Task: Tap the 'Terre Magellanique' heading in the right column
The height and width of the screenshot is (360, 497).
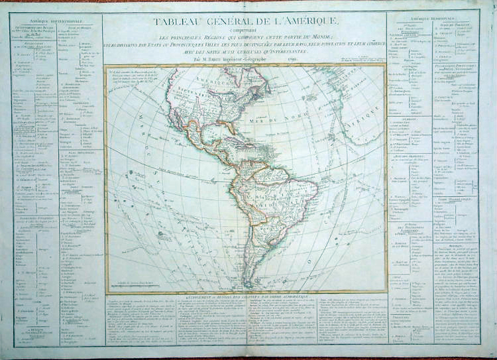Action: [451, 200]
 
